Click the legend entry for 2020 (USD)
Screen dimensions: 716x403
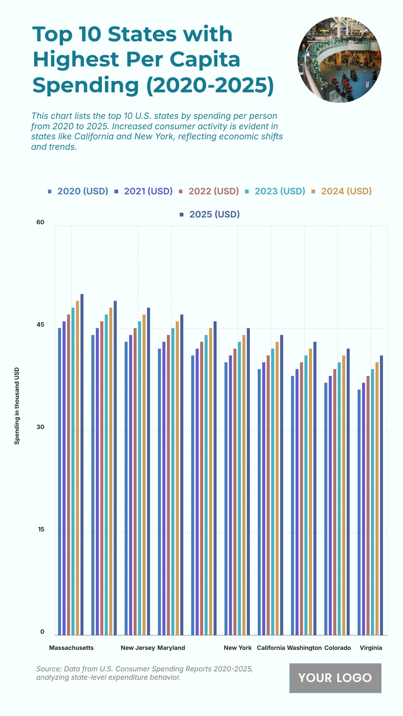tap(79, 191)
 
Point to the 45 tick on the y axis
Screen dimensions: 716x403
tap(40, 325)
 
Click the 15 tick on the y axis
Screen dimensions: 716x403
tap(41, 529)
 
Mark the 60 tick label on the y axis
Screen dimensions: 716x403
tap(40, 222)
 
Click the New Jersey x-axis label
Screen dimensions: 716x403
tap(138, 648)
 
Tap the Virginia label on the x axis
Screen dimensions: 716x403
tap(371, 648)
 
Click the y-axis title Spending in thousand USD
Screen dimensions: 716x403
tap(17, 406)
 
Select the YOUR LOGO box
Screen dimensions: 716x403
tap(335, 678)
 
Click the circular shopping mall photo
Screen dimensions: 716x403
tap(339, 60)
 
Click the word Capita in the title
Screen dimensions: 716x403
tap(205, 59)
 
